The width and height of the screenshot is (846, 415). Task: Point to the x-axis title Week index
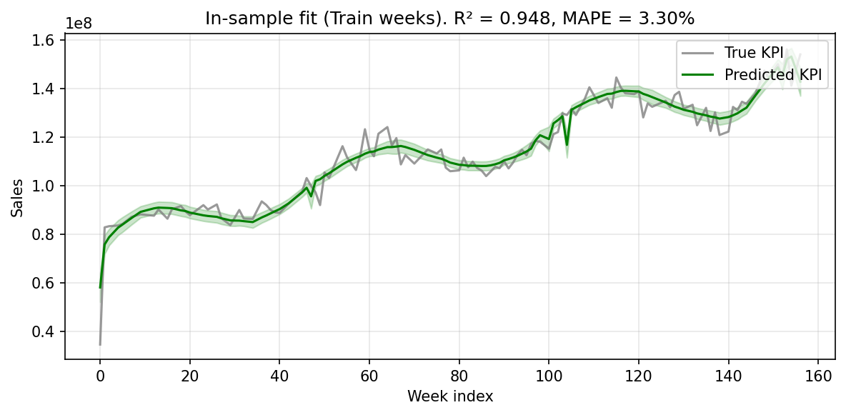(x=450, y=396)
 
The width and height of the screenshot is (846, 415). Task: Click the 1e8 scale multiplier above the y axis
(x=78, y=24)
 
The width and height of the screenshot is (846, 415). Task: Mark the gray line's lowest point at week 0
(x=100, y=344)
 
